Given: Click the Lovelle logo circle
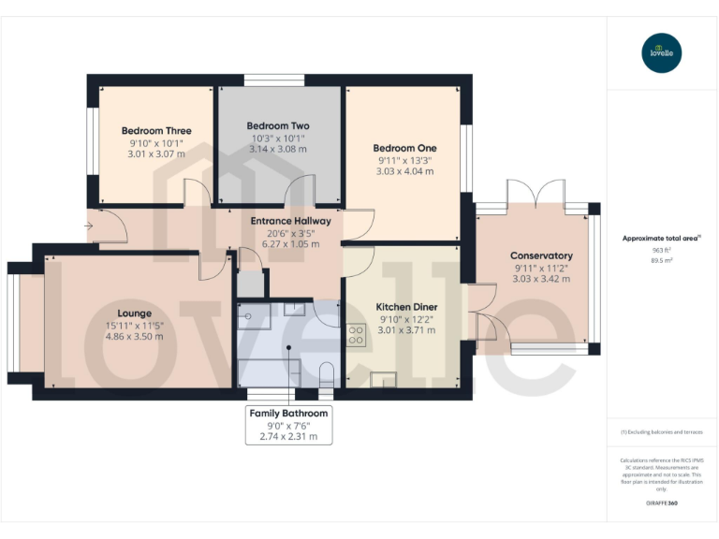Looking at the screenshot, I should (x=662, y=52).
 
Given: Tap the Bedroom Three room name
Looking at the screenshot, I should (x=156, y=130).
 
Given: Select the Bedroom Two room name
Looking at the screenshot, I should (x=278, y=125).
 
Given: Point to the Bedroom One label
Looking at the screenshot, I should (x=404, y=148).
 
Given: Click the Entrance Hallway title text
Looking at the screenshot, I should (x=291, y=221).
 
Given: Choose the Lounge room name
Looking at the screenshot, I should (x=135, y=313).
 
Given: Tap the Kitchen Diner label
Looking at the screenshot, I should (x=406, y=307).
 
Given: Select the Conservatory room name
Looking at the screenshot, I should (x=541, y=255).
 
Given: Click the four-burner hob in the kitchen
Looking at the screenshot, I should (x=356, y=335).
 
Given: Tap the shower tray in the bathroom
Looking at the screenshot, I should (x=254, y=315).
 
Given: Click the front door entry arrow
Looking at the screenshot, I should (x=88, y=226).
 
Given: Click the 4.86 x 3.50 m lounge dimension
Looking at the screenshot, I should (x=135, y=336).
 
